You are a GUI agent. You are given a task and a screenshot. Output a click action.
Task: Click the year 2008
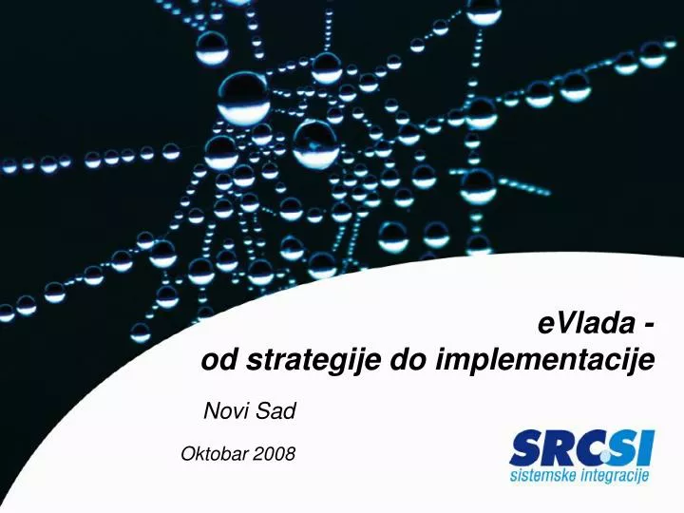(275, 455)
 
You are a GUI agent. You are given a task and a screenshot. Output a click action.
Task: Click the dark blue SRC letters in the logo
(551, 447)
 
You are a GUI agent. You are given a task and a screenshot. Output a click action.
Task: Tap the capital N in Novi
(212, 411)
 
